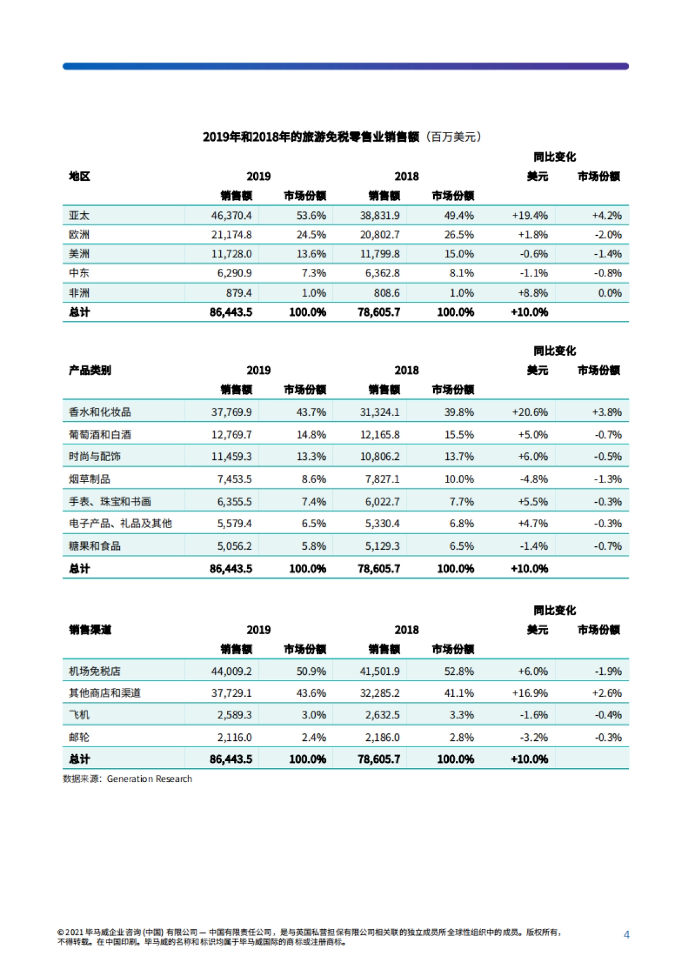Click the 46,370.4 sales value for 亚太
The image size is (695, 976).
[x=231, y=215]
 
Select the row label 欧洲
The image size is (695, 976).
[x=79, y=235]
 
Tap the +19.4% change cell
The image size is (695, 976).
[x=529, y=215]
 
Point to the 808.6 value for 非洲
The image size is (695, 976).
[x=386, y=293]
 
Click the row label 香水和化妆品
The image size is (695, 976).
[x=100, y=412]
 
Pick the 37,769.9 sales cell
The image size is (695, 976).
[x=231, y=412]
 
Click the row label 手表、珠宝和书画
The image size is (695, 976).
[x=110, y=502]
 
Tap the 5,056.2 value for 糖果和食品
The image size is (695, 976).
[x=234, y=546]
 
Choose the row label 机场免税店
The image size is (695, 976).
[x=94, y=671]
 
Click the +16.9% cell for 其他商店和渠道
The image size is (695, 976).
[x=529, y=693]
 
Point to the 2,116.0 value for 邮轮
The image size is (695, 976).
[x=234, y=737]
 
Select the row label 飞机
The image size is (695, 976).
[x=79, y=715]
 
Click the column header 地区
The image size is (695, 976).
[x=79, y=176]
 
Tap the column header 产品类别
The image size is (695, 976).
[x=90, y=370]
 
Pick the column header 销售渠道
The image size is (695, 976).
[x=90, y=630]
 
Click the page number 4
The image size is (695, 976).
[x=626, y=934]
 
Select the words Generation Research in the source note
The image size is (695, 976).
[x=149, y=779]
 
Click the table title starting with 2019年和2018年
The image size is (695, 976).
[x=342, y=137]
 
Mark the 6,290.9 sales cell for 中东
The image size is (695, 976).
[x=234, y=273]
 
